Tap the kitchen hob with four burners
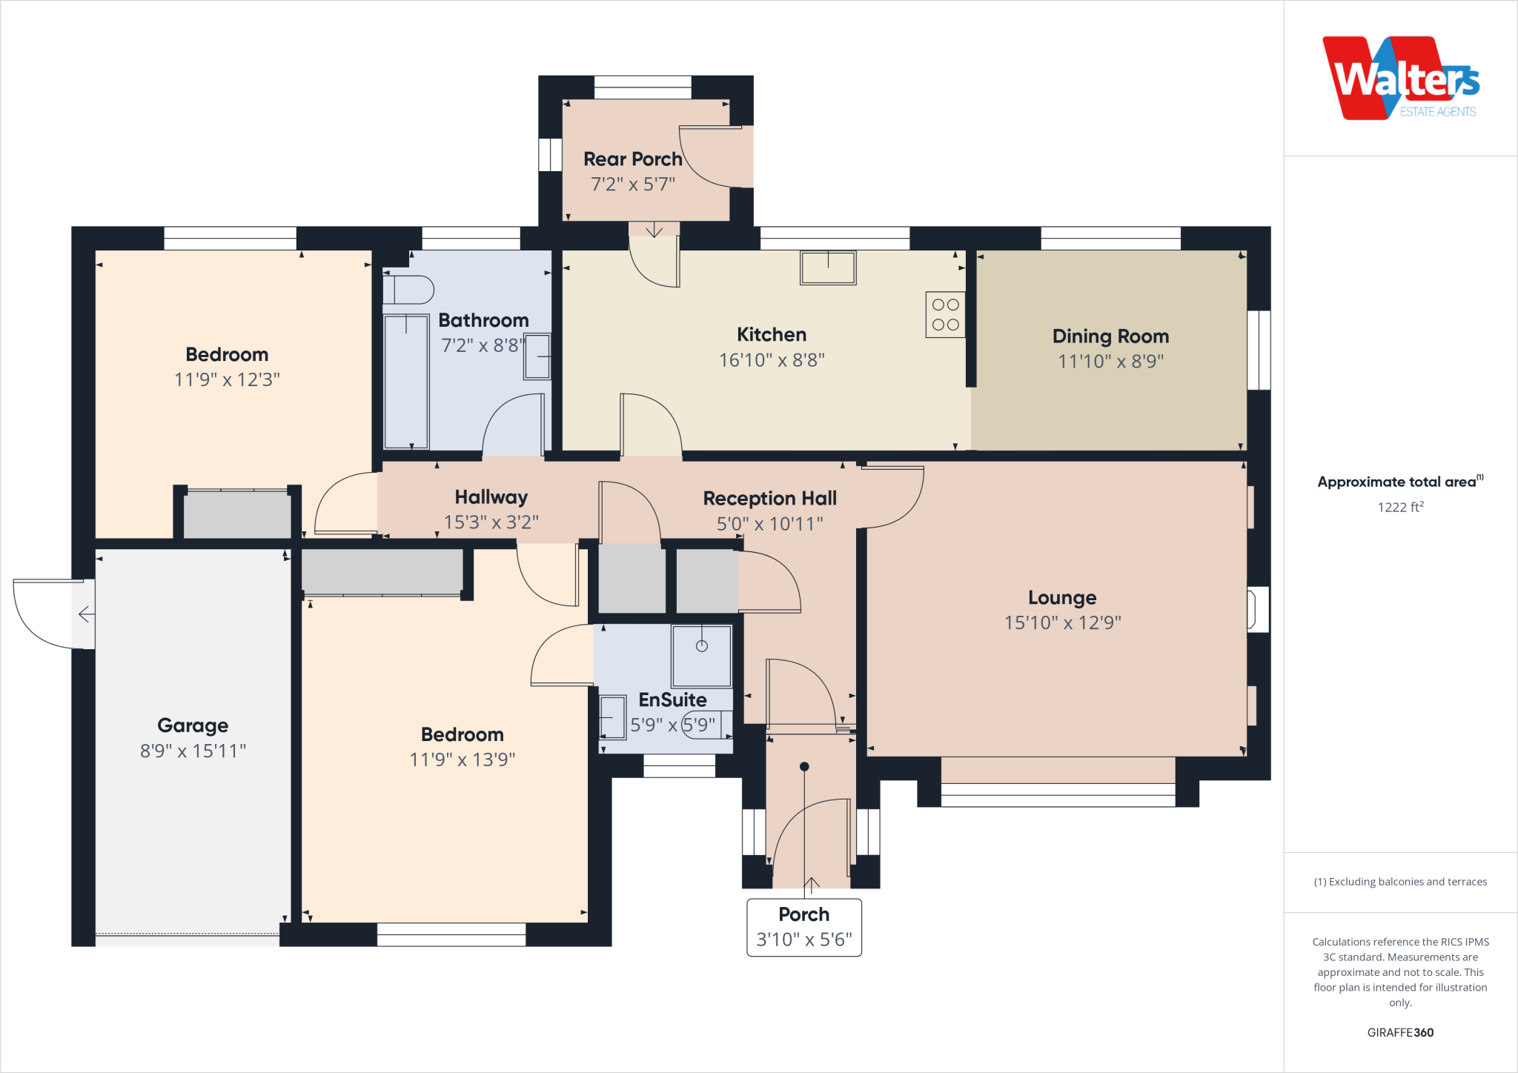pyautogui.click(x=945, y=315)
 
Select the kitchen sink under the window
pyautogui.click(x=828, y=268)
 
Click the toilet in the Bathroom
pyautogui.click(x=408, y=290)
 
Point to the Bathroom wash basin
pyautogui.click(x=537, y=356)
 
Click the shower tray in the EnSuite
pyautogui.click(x=701, y=656)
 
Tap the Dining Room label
pyautogui.click(x=1110, y=336)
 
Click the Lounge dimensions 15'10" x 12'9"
pyautogui.click(x=1062, y=622)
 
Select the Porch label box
pyautogui.click(x=804, y=927)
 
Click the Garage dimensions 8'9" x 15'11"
pyautogui.click(x=193, y=751)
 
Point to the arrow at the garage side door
pyautogui.click(x=86, y=614)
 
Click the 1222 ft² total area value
pyautogui.click(x=1400, y=507)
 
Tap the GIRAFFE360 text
pyautogui.click(x=1400, y=1032)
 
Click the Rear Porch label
pyautogui.click(x=632, y=159)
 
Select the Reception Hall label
pyautogui.click(x=769, y=498)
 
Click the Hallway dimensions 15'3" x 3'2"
pyautogui.click(x=491, y=522)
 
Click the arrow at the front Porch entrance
pyautogui.click(x=812, y=884)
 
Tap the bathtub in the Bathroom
pyautogui.click(x=406, y=382)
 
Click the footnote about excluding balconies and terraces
pyautogui.click(x=1400, y=882)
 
